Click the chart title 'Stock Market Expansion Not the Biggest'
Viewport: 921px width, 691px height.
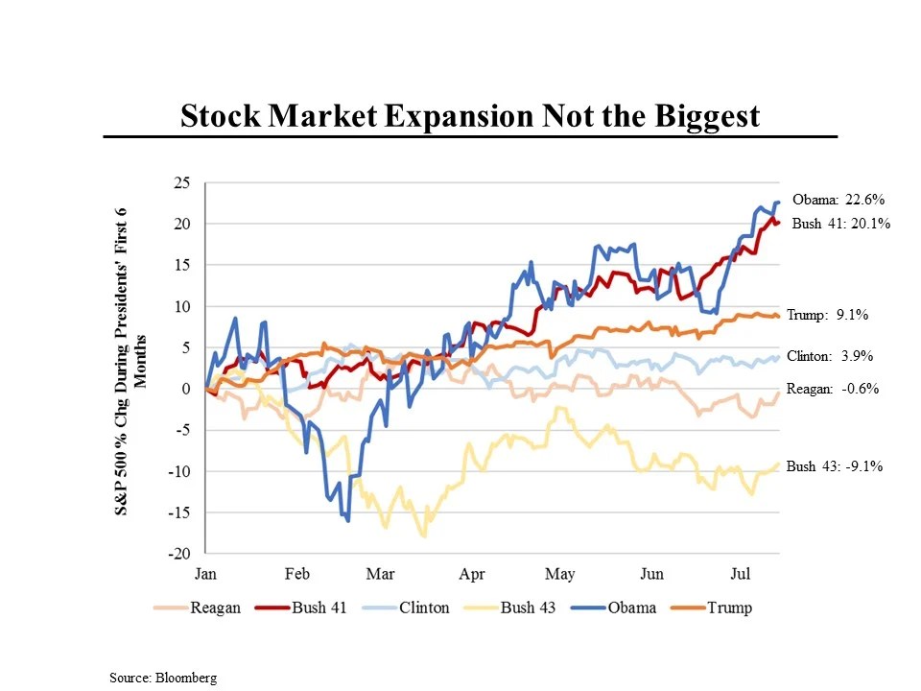(470, 116)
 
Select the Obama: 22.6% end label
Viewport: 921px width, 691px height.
(838, 200)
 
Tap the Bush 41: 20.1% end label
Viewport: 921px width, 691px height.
(840, 224)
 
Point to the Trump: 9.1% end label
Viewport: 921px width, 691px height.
(827, 315)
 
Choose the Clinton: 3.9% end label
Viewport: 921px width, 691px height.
(830, 356)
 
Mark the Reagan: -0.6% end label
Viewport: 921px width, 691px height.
(832, 389)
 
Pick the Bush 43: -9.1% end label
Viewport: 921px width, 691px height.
(834, 466)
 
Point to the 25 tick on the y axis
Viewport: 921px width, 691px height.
(182, 182)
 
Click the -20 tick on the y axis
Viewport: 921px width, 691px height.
(180, 554)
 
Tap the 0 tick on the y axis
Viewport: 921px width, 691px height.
(186, 389)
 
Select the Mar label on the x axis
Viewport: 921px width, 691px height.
(381, 574)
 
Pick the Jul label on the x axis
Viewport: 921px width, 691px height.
(741, 574)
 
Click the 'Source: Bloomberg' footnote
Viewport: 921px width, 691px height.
(163, 678)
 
